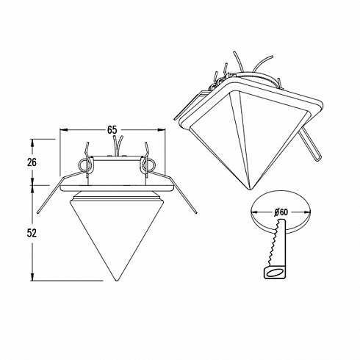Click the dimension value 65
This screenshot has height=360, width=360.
(112, 130)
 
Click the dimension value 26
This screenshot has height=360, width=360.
(32, 162)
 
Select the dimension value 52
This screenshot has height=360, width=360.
(32, 233)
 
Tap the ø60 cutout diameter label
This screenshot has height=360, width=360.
(281, 212)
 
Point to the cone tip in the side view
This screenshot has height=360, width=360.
(116, 281)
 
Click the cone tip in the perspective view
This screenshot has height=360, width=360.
(250, 190)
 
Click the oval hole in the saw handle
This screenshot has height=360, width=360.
(274, 272)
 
